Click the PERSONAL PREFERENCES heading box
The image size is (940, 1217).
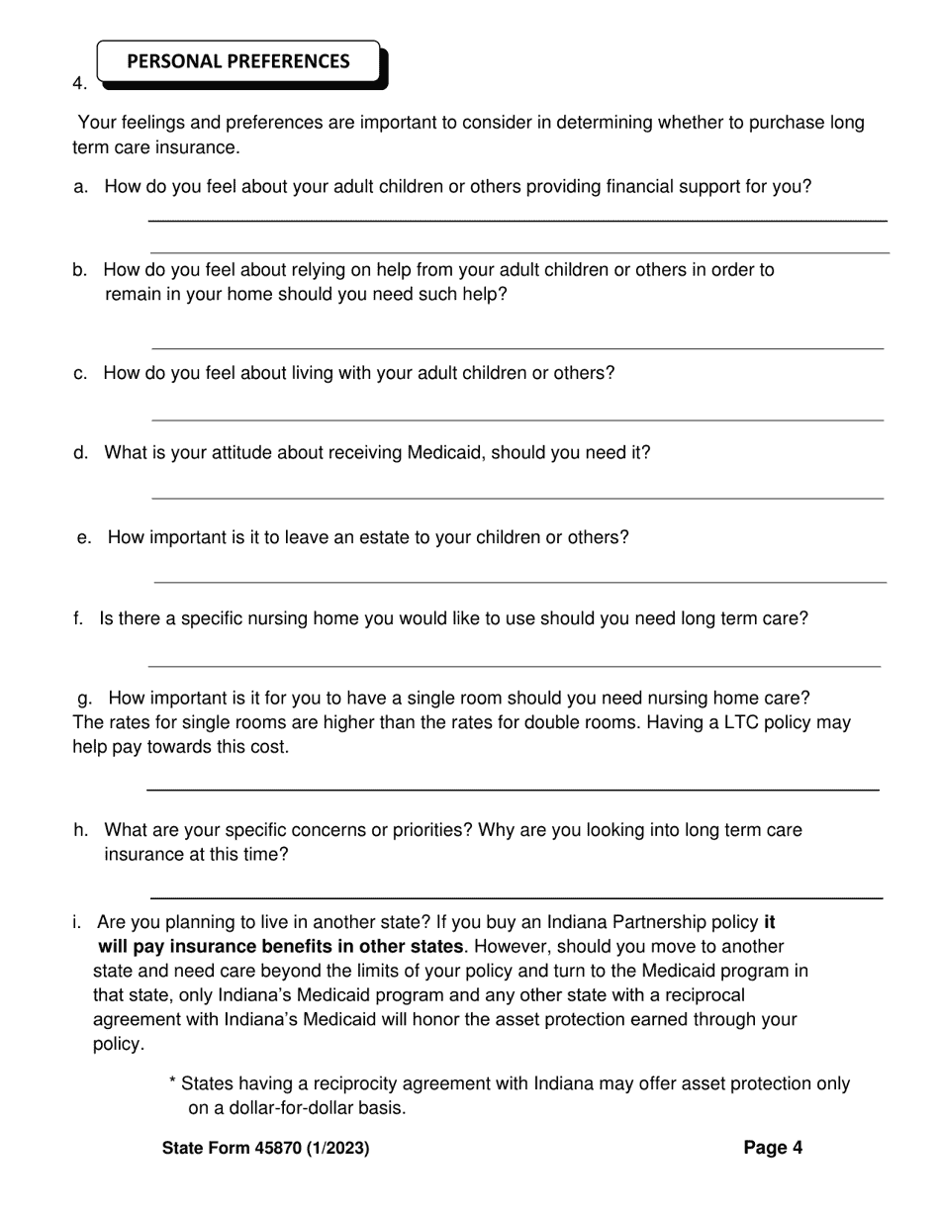(x=238, y=61)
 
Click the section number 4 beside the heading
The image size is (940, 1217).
(x=79, y=84)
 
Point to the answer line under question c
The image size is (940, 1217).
(x=517, y=421)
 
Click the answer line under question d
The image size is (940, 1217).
(x=517, y=499)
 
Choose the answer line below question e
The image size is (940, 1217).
(x=519, y=583)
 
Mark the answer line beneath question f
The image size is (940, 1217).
(x=514, y=667)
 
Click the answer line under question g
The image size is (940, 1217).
(x=513, y=791)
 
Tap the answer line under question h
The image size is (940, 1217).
(x=515, y=898)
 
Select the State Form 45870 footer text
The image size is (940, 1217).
(x=266, y=1149)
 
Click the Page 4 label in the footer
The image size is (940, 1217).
(x=773, y=1148)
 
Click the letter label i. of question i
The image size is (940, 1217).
(x=76, y=922)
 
